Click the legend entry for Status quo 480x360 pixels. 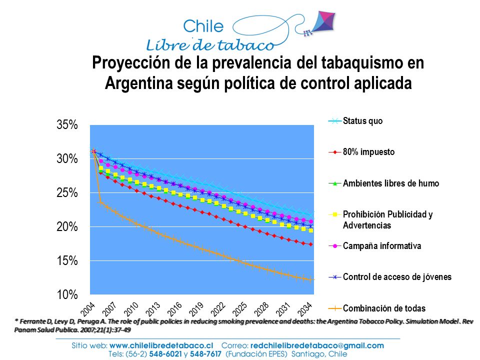click(355, 121)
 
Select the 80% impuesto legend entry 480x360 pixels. click(361, 152)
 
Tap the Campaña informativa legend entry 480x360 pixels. click(374, 246)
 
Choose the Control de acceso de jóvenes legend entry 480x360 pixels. click(390, 277)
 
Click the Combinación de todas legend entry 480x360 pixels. click(377, 308)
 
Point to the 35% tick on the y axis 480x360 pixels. click(67, 125)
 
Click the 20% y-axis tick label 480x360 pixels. click(67, 227)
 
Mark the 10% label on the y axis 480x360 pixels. click(67, 295)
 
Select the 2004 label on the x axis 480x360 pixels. click(88, 309)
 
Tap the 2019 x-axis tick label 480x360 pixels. click(196, 309)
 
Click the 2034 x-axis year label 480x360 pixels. click(305, 309)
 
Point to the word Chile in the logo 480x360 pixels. click(203, 26)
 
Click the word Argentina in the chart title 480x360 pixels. click(139, 83)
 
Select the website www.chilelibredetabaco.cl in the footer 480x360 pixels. click(161, 345)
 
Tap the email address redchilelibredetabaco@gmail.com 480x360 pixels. click(317, 345)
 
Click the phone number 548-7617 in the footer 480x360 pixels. click(205, 354)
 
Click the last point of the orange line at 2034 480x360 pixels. click(311, 279)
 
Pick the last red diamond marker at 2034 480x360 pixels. click(311, 244)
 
